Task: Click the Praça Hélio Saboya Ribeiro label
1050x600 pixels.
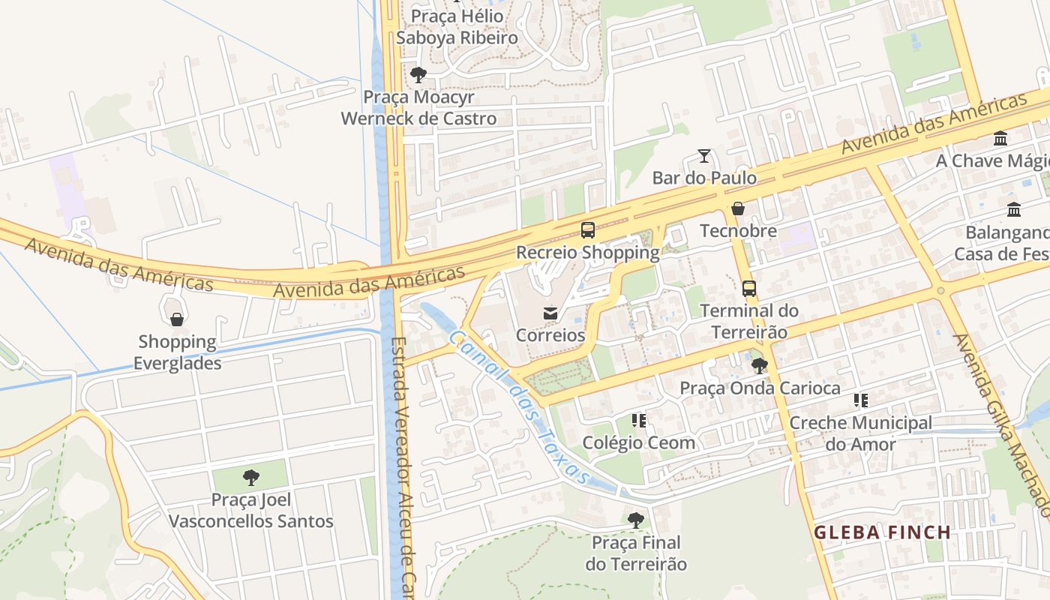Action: click(x=457, y=27)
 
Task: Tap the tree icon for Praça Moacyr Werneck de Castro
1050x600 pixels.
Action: click(x=418, y=75)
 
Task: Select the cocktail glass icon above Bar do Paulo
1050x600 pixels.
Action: click(x=703, y=156)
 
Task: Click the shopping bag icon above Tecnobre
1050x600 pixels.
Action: click(x=738, y=208)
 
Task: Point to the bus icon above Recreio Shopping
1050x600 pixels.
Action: click(x=588, y=230)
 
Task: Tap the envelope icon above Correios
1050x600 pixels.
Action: click(x=550, y=313)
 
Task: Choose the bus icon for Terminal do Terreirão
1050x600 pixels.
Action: click(x=748, y=289)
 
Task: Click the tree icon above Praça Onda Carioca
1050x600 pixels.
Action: click(x=760, y=366)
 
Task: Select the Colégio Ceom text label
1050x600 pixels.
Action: click(x=639, y=442)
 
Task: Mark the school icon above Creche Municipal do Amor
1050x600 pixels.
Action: click(x=860, y=401)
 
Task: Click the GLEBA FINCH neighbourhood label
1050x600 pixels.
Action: click(x=882, y=532)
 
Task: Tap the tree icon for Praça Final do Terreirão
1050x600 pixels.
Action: click(x=636, y=520)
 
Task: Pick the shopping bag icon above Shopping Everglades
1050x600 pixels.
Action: click(x=177, y=320)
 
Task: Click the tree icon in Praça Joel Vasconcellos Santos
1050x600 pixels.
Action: click(x=251, y=478)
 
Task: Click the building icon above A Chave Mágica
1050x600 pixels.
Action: click(x=1000, y=139)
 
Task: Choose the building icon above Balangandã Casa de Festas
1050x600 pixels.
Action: click(x=1014, y=210)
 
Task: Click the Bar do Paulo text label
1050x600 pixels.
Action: click(x=704, y=178)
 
